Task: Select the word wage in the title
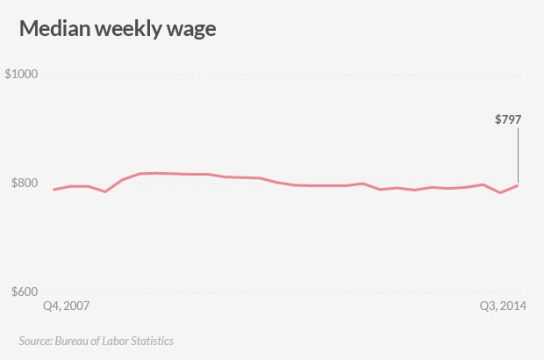coord(192,30)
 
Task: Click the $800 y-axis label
coord(24,184)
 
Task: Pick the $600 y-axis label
coord(24,292)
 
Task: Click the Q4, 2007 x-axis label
coord(67,307)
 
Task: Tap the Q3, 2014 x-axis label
coord(503,307)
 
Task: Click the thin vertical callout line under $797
coord(518,154)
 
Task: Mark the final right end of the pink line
coord(518,185)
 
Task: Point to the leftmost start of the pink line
coord(54,190)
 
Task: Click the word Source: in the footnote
coord(35,340)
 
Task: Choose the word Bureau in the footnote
coord(71,340)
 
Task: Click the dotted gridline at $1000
coord(263,75)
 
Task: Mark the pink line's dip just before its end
coord(500,192)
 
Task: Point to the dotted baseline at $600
coord(263,292)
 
